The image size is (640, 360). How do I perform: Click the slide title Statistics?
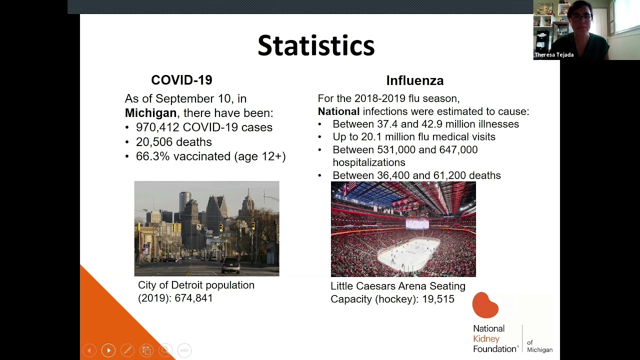[x=316, y=46]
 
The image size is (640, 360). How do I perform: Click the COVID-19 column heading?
[x=181, y=80]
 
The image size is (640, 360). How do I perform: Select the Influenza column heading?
[x=414, y=80]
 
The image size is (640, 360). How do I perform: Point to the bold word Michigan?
[x=150, y=113]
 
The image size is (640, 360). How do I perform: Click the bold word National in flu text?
[x=338, y=111]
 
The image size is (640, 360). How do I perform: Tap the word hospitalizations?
[x=368, y=162]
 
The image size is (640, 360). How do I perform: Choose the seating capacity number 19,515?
[x=437, y=299]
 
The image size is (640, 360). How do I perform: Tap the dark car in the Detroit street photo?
[x=230, y=265]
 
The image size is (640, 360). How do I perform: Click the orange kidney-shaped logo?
[x=485, y=305]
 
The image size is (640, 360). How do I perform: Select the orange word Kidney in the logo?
[x=486, y=339]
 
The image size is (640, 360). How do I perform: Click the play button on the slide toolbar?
[x=108, y=350]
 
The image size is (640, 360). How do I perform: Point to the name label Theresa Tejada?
[x=554, y=55]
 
